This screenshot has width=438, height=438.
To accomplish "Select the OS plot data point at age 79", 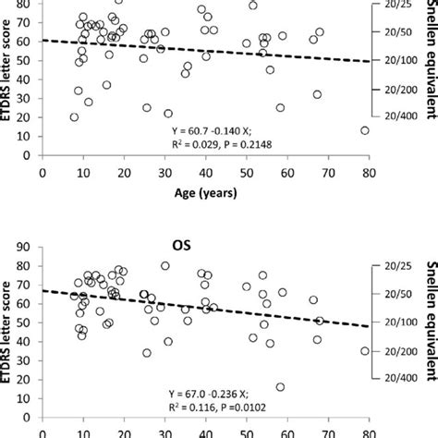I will (364, 351).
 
